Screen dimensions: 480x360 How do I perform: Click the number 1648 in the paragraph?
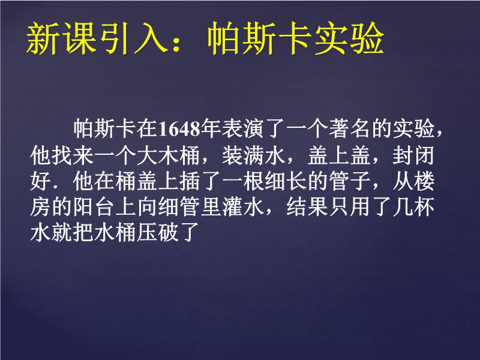pos(180,128)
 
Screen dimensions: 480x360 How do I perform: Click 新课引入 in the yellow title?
pos(97,39)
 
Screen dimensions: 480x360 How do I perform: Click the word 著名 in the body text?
pos(350,128)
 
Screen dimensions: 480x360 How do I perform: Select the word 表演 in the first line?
pos(243,128)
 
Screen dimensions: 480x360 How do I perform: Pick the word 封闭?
pos(413,155)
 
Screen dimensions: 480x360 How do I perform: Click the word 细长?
pos(286,181)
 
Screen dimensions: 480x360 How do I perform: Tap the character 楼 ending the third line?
pos(424,181)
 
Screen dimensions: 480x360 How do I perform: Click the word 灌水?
pos(243,207)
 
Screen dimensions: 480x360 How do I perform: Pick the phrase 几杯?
pos(413,207)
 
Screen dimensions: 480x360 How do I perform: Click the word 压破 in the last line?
pos(158,233)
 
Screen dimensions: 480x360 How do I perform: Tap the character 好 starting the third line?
pos(41,181)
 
